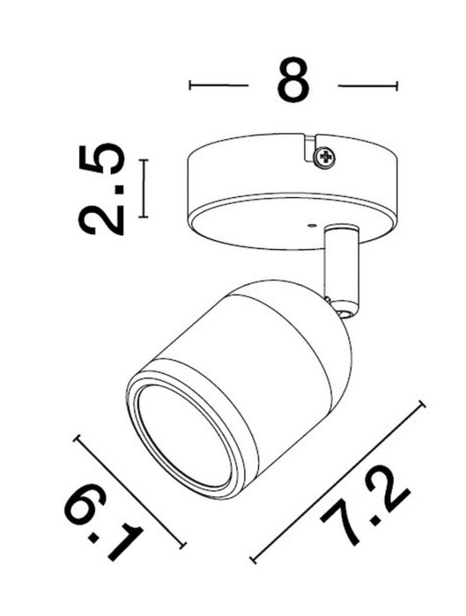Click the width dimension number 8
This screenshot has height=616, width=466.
pos(292,81)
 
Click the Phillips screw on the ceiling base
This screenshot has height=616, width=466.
pos(326,158)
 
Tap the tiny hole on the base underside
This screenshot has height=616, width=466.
pos(313,225)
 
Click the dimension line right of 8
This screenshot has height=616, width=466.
pos(367,85)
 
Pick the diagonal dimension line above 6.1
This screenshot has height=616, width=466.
pos(131,488)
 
